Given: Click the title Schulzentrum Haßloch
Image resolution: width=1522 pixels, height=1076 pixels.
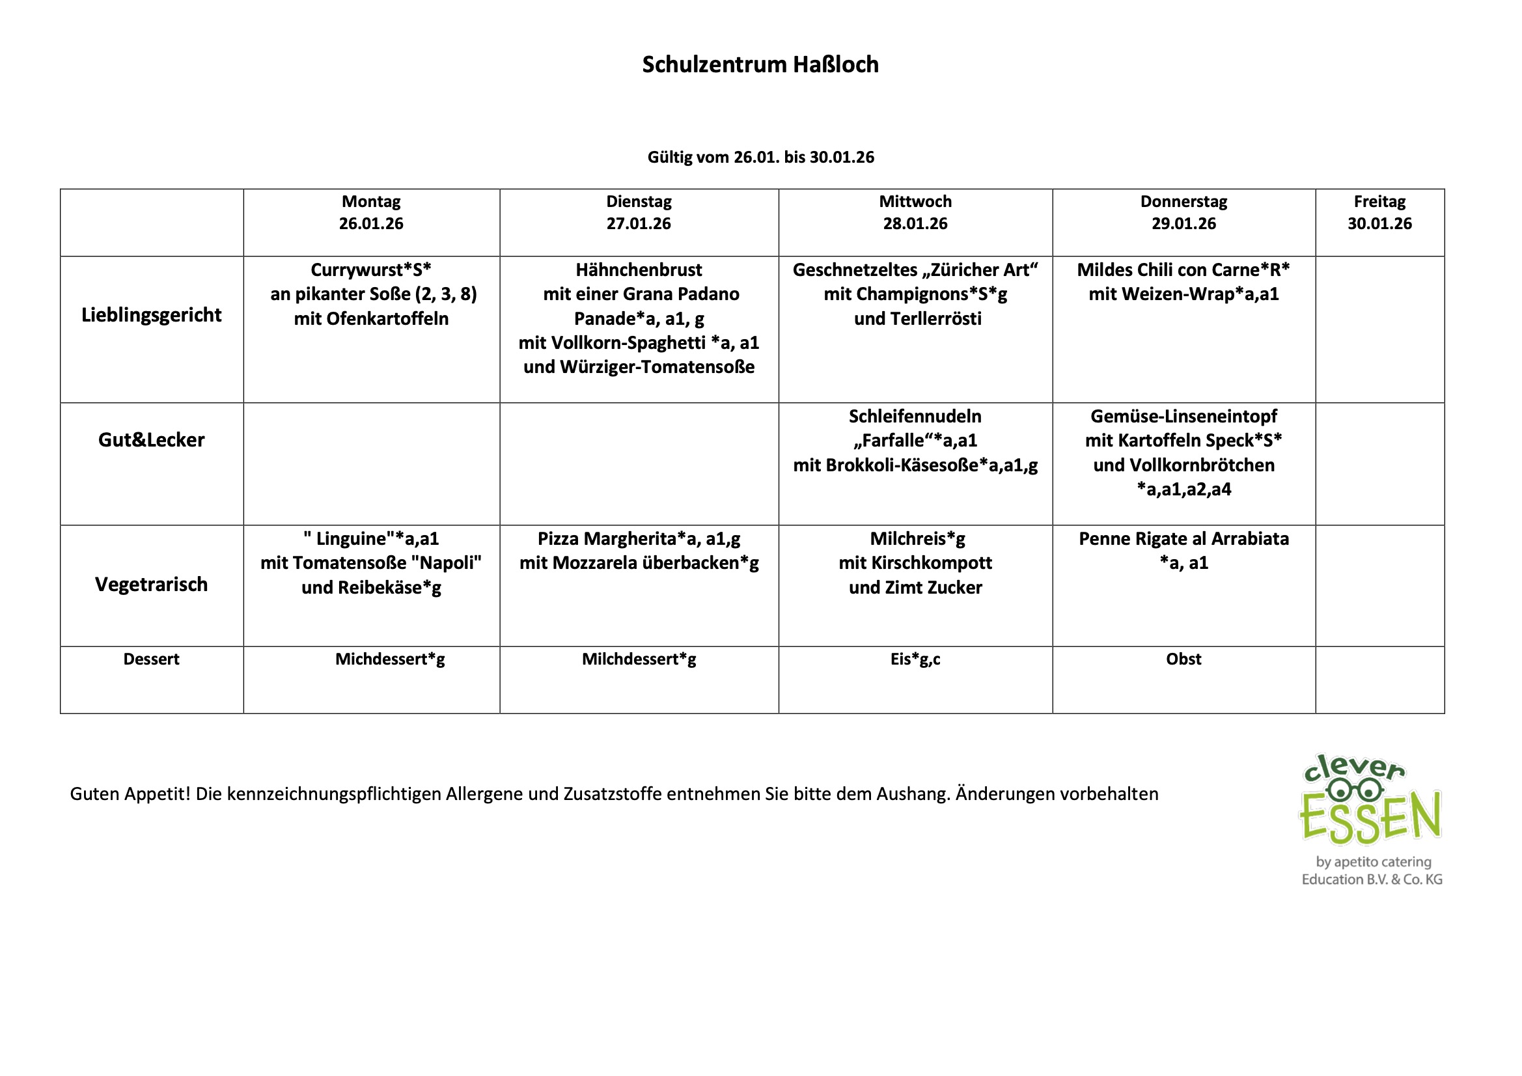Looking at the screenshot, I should click(x=760, y=64).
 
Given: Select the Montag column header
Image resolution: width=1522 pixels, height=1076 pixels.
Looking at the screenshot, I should click(x=371, y=202).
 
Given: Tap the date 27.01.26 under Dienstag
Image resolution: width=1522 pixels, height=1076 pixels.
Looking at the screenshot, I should click(x=639, y=224).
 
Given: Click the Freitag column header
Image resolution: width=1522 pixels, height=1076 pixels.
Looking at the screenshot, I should click(x=1379, y=202).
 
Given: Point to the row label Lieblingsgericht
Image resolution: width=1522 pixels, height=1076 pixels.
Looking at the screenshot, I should click(x=151, y=315).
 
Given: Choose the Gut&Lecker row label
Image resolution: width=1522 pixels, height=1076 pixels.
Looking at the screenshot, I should click(x=151, y=440).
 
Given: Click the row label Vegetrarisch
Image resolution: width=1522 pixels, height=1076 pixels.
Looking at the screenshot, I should click(x=151, y=585).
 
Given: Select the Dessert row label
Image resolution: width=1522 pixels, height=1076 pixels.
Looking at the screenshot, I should click(x=151, y=659).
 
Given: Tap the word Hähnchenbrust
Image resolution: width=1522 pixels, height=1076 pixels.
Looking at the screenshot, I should click(x=639, y=271).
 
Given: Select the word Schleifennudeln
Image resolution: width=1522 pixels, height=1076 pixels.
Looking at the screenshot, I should click(x=915, y=417).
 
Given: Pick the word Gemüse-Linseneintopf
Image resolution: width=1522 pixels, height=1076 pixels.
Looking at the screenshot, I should click(x=1183, y=417).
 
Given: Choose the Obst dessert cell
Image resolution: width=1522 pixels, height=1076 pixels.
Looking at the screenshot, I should click(x=1183, y=659).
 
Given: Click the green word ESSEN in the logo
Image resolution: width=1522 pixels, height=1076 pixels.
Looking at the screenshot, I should click(x=1370, y=820).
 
